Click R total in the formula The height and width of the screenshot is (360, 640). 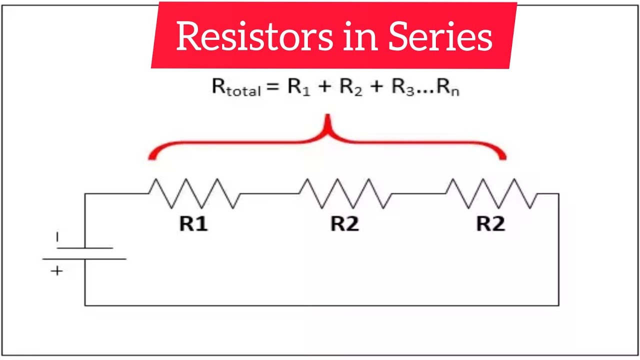coord(236,87)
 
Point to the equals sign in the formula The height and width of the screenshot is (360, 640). coord(271,87)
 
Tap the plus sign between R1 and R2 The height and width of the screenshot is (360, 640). coord(324,87)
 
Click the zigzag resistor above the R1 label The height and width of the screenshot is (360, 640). coord(194,193)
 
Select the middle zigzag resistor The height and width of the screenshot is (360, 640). coord(345,193)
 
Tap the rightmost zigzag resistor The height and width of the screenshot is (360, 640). coord(491,193)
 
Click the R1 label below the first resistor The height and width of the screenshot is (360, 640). coord(193,224)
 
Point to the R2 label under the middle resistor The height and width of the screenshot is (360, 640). coord(344,224)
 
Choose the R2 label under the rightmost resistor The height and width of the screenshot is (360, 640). coord(490,224)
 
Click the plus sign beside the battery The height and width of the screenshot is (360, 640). coord(57,271)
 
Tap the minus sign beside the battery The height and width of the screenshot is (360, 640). coord(57,237)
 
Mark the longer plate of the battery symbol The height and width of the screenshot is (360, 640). coord(84,258)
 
